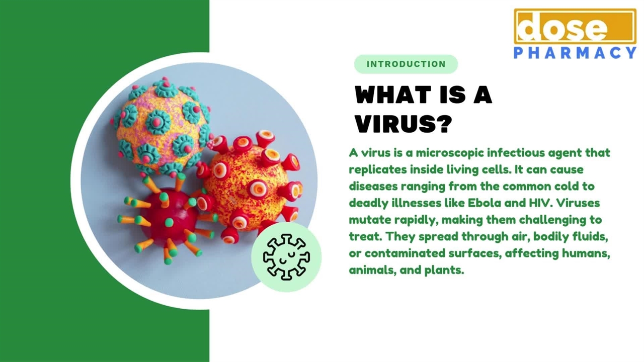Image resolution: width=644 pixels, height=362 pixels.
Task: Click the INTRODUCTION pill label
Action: [406, 64]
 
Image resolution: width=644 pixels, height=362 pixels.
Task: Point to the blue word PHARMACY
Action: [575, 53]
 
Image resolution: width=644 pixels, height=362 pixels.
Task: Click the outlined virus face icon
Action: [286, 257]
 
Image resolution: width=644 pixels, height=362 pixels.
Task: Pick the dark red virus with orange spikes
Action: [167, 218]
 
